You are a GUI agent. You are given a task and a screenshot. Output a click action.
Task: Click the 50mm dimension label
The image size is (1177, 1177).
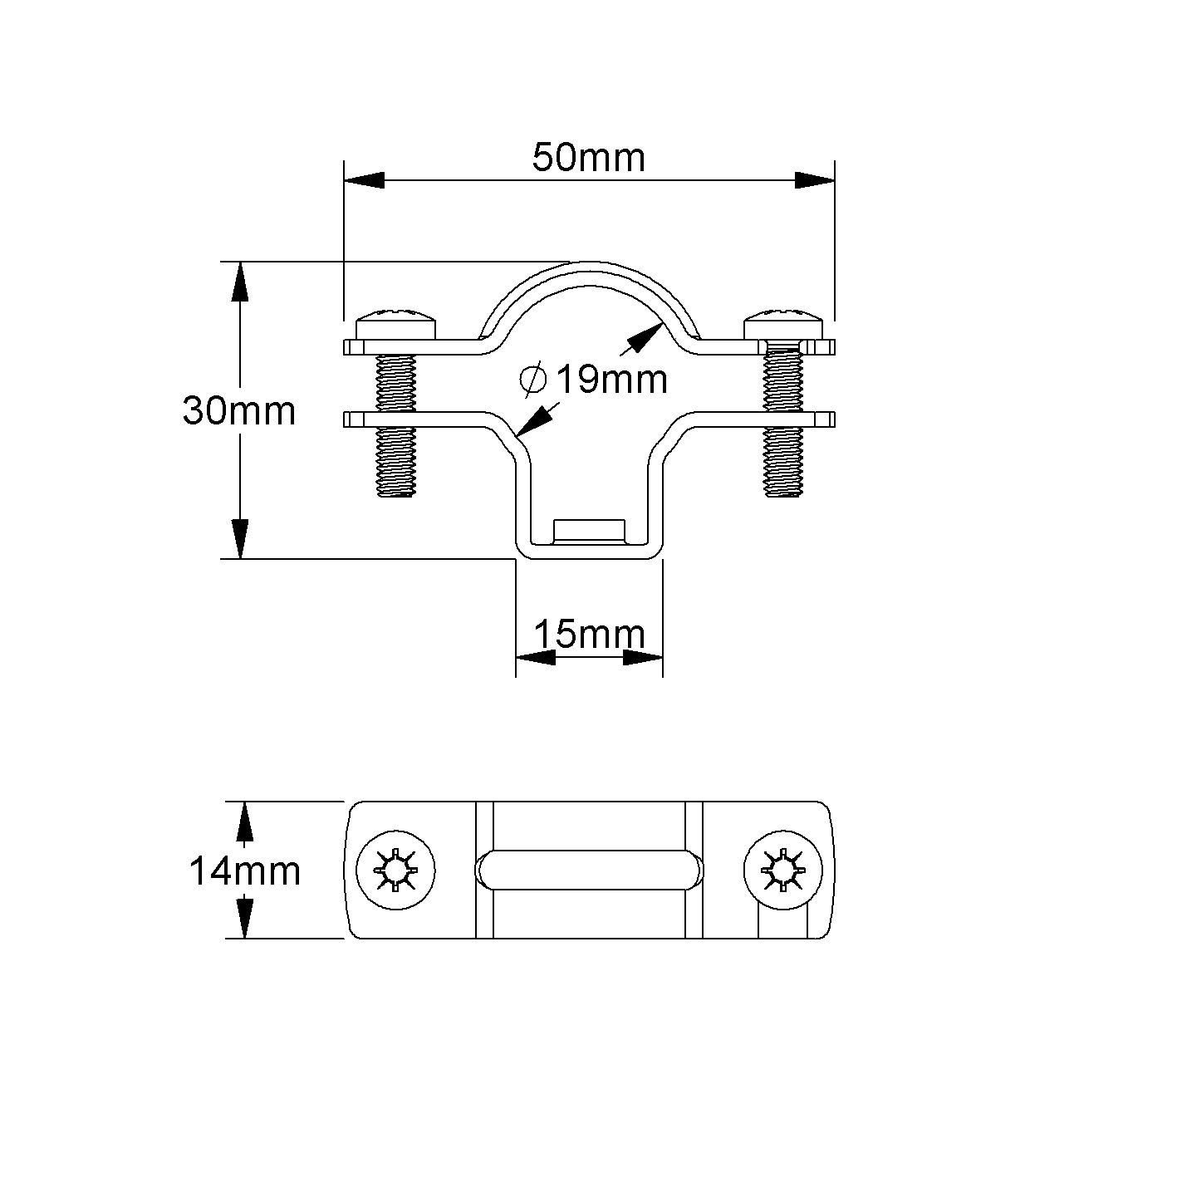[x=588, y=158]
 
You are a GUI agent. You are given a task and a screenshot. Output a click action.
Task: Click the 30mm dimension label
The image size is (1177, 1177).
[x=239, y=411]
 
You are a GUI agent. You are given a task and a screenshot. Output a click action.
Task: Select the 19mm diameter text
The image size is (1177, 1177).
[x=611, y=380]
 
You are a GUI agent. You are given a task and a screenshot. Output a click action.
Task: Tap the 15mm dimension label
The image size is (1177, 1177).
[x=589, y=635]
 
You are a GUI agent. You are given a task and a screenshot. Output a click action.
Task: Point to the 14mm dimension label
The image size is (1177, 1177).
[x=245, y=870]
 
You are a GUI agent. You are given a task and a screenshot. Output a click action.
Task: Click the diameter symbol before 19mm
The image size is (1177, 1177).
[x=532, y=380]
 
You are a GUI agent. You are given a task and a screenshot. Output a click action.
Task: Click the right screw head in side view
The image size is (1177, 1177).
[x=783, y=323]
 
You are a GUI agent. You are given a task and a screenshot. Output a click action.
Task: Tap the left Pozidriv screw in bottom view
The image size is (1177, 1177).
[x=395, y=870]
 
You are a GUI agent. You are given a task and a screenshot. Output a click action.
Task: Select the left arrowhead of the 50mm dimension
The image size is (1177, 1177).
[x=364, y=180]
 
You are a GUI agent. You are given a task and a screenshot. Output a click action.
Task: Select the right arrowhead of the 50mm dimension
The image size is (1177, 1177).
[x=814, y=180]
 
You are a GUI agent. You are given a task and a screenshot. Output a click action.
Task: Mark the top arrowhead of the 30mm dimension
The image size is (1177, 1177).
[x=240, y=282]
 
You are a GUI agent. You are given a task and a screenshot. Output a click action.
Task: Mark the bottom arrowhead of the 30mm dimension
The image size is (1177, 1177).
[x=240, y=538]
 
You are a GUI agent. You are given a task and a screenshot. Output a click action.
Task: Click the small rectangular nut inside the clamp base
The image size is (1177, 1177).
[x=589, y=530]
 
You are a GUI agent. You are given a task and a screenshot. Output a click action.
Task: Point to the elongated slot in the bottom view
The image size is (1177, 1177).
[x=589, y=870]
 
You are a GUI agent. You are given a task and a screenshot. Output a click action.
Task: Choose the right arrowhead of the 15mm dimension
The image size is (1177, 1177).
[x=643, y=657]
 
